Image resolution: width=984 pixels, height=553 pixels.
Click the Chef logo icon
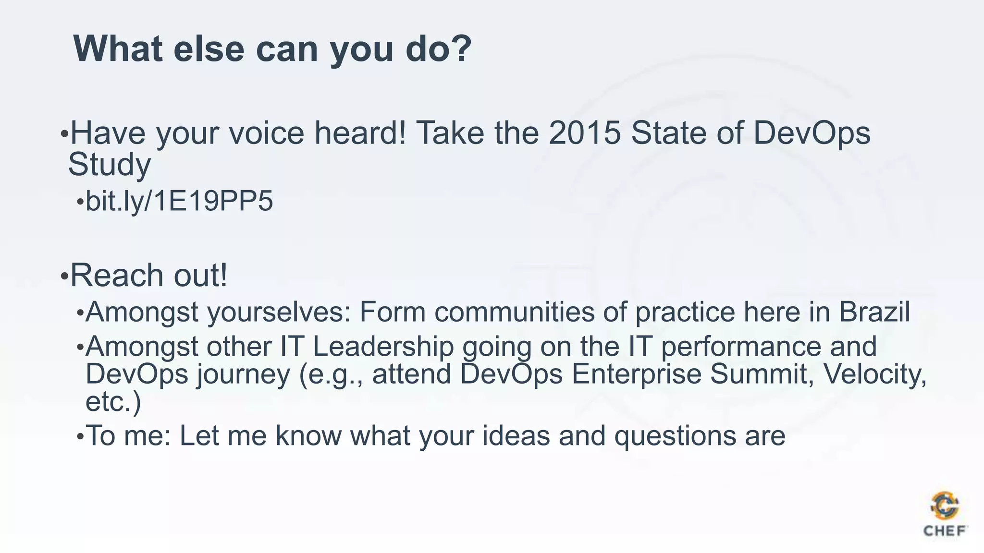945,506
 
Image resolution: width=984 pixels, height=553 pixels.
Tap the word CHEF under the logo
945,531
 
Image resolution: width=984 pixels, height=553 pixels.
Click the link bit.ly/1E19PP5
179,201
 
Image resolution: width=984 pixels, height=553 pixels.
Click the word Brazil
874,312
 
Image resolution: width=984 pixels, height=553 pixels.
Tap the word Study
110,165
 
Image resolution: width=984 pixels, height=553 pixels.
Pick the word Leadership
383,347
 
